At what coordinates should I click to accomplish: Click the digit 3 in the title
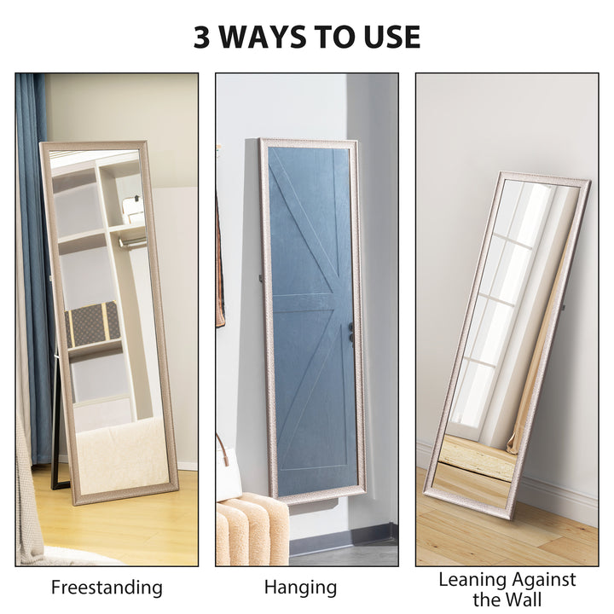point(202,37)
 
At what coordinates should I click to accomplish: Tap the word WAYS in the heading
point(274,37)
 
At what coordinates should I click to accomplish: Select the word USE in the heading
point(391,37)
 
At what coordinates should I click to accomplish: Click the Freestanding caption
point(107,588)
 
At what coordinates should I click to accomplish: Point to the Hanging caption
point(300,588)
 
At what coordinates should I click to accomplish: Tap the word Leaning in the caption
point(472,580)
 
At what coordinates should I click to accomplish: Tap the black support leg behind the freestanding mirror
point(57,435)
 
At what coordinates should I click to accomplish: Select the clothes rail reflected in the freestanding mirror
point(131,242)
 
